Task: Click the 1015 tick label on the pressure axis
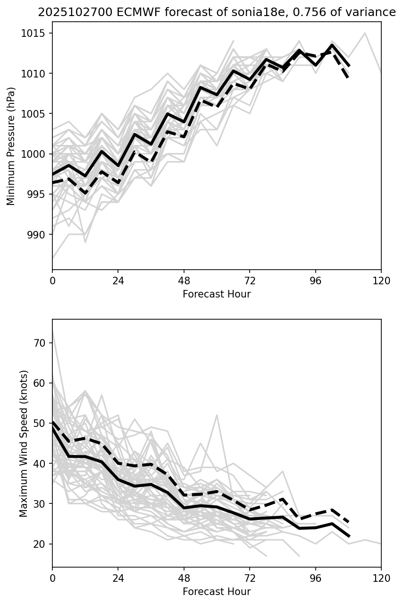point(37,33)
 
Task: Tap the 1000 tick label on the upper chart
point(37,154)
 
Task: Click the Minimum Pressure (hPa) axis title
point(11,146)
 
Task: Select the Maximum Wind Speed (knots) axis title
point(24,443)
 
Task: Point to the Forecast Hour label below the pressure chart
point(217,294)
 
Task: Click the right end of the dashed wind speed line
point(348,522)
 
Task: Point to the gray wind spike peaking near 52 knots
point(217,415)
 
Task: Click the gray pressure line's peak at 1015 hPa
point(365,33)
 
